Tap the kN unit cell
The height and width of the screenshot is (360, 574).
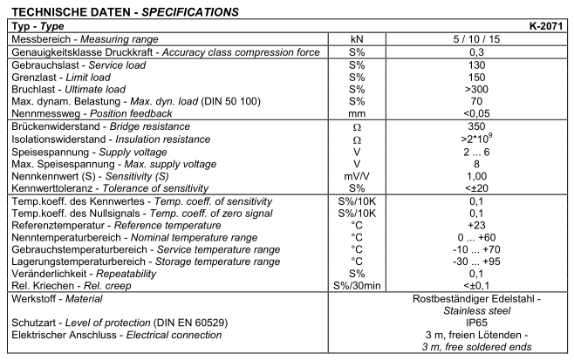(x=356, y=40)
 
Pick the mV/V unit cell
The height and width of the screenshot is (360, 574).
(x=356, y=177)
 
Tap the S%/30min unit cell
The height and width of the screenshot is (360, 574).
(x=356, y=285)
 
